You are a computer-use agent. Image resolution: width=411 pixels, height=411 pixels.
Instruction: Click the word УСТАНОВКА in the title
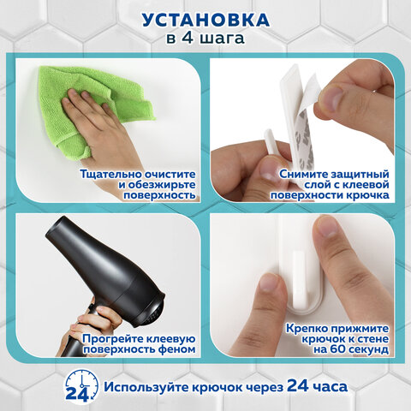[x=205, y=19]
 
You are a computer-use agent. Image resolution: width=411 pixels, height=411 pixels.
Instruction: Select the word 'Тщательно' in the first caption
[x=112, y=174]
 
